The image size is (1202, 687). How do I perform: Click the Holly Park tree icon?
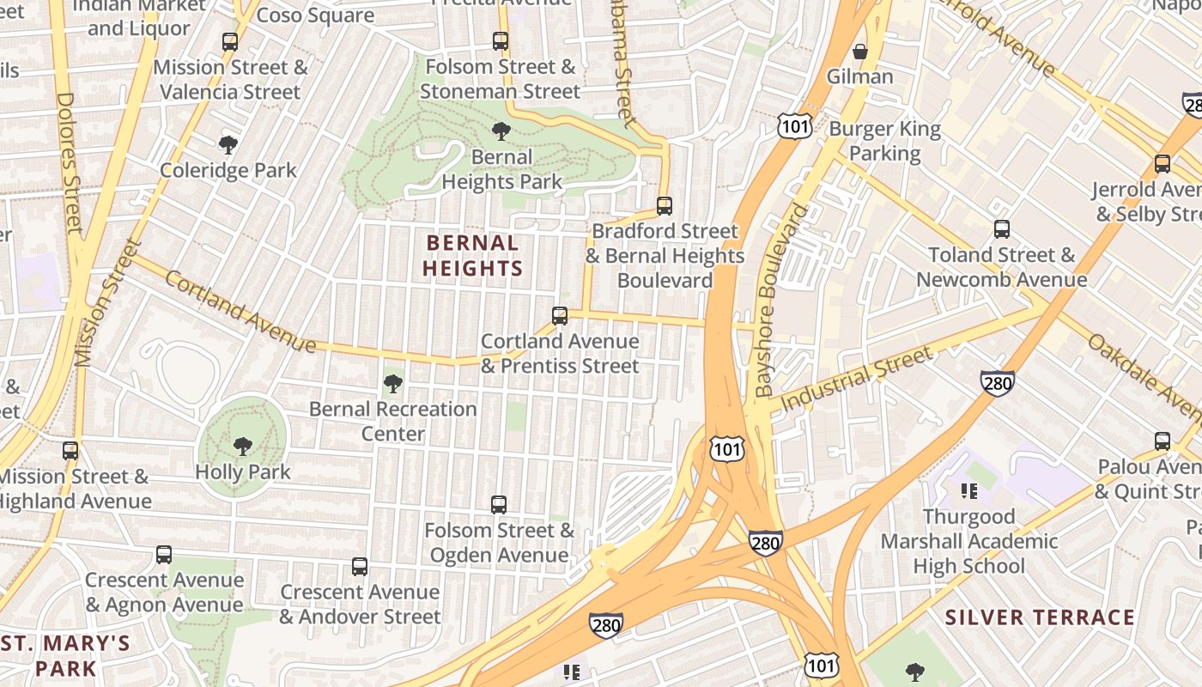click(243, 447)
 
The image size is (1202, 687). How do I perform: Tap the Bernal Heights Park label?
click(501, 169)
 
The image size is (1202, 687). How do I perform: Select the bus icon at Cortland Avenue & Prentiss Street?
click(560, 316)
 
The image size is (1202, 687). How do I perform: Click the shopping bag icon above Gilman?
click(860, 52)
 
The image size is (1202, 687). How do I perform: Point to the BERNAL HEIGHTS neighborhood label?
click(472, 256)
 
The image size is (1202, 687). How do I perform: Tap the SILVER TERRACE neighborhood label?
click(1040, 617)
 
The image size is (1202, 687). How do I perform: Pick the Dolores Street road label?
click(69, 163)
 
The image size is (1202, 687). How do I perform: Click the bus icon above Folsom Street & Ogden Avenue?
click(499, 505)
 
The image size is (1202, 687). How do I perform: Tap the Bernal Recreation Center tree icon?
click(393, 384)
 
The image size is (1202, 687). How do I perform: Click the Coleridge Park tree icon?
click(228, 144)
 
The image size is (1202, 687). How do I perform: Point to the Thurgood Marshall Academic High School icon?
click(969, 491)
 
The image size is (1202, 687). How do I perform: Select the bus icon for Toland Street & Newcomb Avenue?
click(1002, 229)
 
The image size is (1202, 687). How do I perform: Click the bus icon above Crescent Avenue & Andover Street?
click(360, 567)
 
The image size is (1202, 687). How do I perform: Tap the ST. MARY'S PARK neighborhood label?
click(65, 655)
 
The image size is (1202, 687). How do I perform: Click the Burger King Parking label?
click(884, 142)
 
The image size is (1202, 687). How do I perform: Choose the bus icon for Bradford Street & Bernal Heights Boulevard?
click(665, 206)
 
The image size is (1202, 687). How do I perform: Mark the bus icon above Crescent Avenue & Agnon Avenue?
click(164, 555)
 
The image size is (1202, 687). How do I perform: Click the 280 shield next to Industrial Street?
click(997, 382)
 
